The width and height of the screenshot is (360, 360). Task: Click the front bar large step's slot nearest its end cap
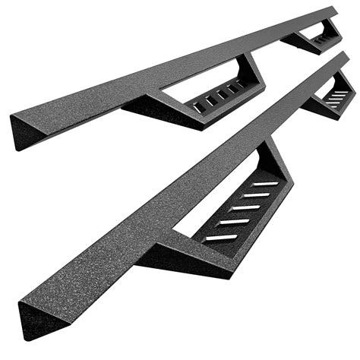point(219,237)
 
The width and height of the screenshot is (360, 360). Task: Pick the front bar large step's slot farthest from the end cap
point(264,184)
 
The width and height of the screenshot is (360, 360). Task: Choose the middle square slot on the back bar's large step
point(213,98)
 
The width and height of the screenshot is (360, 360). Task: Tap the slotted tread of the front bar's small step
point(339,96)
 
